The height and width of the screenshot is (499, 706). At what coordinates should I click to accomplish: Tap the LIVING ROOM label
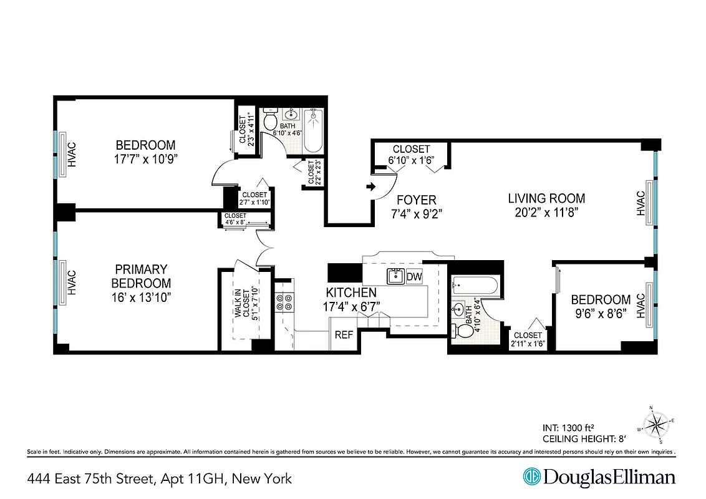tap(546, 199)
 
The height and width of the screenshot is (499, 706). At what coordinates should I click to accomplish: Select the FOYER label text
tap(417, 200)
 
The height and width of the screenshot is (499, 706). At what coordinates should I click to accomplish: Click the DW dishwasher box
tap(414, 277)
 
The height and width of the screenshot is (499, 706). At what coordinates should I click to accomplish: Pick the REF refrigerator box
tap(344, 335)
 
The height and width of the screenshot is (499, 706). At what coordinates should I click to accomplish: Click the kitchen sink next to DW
tap(395, 276)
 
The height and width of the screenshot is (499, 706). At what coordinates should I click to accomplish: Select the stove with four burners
tap(284, 302)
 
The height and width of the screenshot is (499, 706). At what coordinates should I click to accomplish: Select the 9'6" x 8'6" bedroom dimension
tap(601, 312)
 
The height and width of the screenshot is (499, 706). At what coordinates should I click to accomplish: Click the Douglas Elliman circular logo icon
tap(531, 477)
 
